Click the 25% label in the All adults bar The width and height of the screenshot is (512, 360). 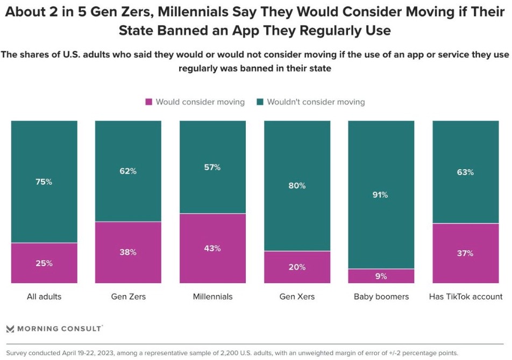click(44, 263)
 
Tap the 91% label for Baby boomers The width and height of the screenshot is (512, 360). click(381, 195)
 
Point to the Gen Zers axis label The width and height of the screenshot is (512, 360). click(128, 297)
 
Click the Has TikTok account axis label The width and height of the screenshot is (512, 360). click(466, 297)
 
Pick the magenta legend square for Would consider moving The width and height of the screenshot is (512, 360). click(149, 102)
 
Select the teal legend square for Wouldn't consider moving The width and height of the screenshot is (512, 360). click(260, 102)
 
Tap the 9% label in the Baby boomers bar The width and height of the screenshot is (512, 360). click(381, 276)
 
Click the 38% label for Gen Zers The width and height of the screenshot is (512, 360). click(128, 252)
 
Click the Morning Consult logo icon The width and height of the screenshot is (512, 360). click(10, 328)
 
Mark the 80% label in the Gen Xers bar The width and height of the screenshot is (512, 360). click(297, 185)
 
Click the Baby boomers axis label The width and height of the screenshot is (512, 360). click(381, 297)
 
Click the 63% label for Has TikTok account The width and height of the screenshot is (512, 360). click(466, 172)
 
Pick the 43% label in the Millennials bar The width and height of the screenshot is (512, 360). click(212, 248)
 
